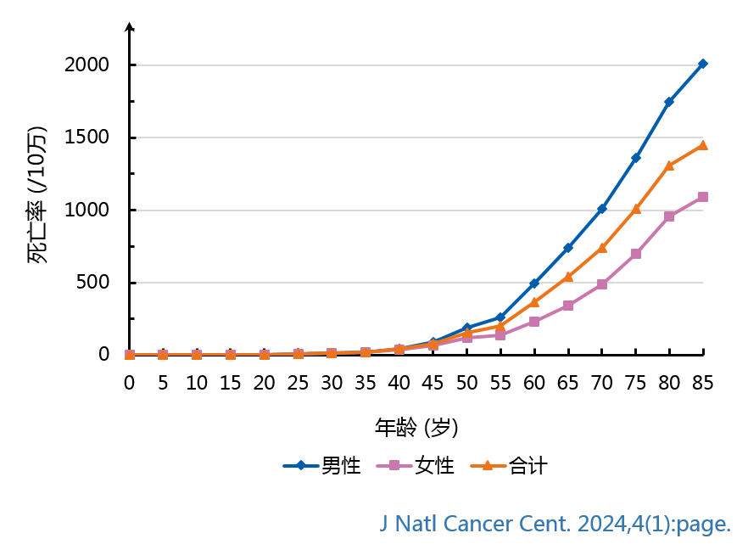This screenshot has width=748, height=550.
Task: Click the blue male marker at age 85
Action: coord(702,64)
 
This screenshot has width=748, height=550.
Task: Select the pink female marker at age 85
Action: coord(702,197)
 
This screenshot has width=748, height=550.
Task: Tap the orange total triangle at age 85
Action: coord(702,145)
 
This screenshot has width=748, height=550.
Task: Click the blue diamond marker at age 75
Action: coord(635,158)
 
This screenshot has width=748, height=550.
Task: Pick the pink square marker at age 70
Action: coord(601,284)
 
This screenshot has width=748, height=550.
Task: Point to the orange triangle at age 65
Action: coord(567,277)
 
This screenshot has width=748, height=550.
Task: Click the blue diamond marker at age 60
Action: coord(533,283)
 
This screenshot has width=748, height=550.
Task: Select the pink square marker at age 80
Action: coord(669,216)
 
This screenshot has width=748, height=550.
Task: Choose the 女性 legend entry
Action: coord(416,465)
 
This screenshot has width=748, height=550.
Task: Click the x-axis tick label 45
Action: coord(433,383)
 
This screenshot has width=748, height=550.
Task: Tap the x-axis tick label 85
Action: coord(702,383)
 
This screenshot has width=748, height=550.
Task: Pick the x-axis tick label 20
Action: coord(264,383)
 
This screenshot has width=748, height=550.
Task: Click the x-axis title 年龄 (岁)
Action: coord(416,426)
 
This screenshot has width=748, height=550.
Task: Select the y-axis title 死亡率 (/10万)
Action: coord(37,195)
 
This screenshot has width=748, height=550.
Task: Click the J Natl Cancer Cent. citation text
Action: coord(555,525)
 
